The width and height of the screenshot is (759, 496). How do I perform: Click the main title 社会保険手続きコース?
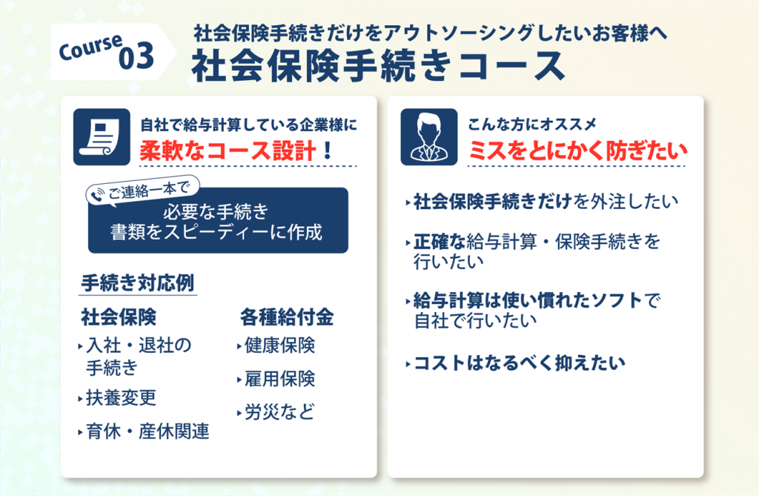coord(378,67)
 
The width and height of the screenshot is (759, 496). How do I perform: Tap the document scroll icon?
coord(102,137)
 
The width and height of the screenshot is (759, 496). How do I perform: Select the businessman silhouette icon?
coord(429,137)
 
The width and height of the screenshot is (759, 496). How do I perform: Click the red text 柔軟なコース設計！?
coord(236,151)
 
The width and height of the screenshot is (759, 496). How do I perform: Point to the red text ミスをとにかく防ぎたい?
coord(578,151)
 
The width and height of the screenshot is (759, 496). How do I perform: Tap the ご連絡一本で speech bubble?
coord(143,191)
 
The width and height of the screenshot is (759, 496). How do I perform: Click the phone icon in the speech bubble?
coord(98,194)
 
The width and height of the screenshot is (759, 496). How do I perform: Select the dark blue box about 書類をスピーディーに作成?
coord(218,220)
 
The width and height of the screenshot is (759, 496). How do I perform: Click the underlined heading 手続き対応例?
coord(138,283)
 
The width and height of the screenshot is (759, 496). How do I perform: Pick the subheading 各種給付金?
coord(287,317)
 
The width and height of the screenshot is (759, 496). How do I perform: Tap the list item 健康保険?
coord(276,345)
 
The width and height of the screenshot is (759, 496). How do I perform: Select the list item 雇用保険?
coord(276,379)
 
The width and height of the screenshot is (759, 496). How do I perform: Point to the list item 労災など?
coord(276,412)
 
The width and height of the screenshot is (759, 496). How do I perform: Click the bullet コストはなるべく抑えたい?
coord(516,363)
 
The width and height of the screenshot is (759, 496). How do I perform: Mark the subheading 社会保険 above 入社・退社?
coord(119,317)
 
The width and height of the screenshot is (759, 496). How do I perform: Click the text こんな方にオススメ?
coord(532,125)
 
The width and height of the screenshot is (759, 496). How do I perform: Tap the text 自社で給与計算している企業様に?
coord(248,125)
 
